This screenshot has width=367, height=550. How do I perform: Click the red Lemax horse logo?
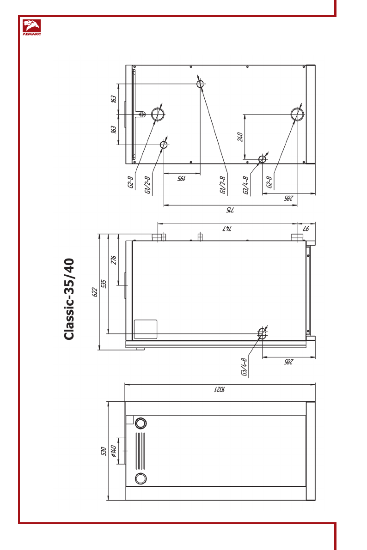[x=31, y=25]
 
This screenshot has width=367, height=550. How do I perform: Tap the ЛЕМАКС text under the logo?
[x=31, y=34]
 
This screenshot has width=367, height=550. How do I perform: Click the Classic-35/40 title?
[x=69, y=299]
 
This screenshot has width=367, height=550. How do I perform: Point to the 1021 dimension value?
[x=220, y=389]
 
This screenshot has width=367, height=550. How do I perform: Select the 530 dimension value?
[x=103, y=451]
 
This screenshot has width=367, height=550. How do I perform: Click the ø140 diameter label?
[x=113, y=451]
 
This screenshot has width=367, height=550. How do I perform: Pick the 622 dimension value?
[x=95, y=292]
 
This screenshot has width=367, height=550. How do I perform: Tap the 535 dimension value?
[x=104, y=284]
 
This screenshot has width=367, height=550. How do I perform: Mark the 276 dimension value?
[x=113, y=260]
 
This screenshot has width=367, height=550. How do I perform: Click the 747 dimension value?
[x=227, y=229]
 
